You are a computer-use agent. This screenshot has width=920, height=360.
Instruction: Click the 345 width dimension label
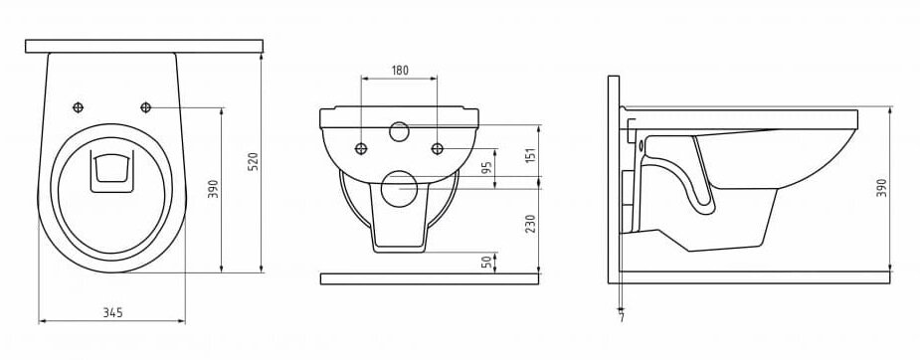[112, 312]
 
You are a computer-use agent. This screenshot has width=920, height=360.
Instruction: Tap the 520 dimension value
[254, 161]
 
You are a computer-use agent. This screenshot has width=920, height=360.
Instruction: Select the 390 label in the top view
[213, 188]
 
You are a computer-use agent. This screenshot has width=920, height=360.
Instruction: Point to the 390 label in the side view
[881, 188]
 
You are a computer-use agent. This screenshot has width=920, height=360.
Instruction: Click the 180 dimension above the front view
[400, 71]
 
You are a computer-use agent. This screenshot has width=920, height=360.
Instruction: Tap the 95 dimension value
[486, 169]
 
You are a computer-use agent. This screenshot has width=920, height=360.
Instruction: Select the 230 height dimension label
[530, 225]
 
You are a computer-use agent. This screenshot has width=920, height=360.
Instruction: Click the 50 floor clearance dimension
[486, 263]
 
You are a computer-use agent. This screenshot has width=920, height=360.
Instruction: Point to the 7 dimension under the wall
[622, 318]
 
